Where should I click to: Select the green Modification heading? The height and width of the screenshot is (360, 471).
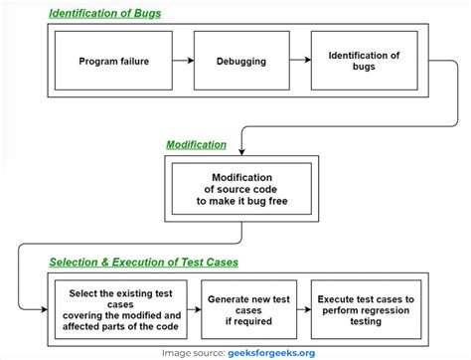click(x=196, y=144)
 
